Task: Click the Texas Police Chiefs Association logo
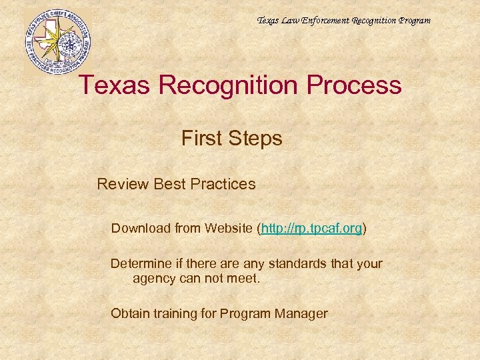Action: pyautogui.click(x=58, y=41)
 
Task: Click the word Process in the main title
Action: pyautogui.click(x=355, y=86)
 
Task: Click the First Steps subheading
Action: pyautogui.click(x=231, y=139)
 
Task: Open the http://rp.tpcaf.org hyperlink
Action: pyautogui.click(x=312, y=229)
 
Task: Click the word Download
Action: pyautogui.click(x=141, y=229)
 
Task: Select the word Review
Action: pyautogui.click(x=123, y=183)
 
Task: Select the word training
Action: pyautogui.click(x=174, y=313)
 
